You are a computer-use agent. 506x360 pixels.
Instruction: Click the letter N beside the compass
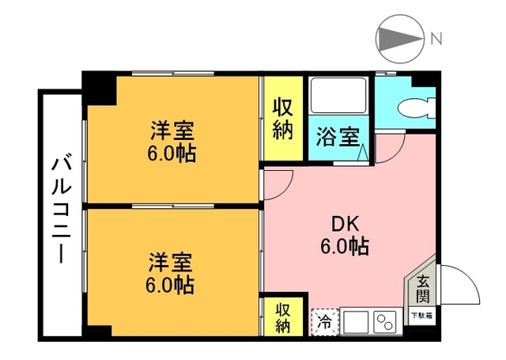coord(436,38)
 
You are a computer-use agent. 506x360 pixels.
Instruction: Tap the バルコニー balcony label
coord(60,210)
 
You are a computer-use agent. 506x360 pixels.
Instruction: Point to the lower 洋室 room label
coord(171,260)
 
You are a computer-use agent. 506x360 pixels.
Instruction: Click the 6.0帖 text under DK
coord(345,246)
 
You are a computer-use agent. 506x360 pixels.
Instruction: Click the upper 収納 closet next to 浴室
coord(284,119)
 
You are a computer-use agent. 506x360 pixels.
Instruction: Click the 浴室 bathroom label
coord(338,137)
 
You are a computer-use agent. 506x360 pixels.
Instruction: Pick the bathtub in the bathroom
coord(337,97)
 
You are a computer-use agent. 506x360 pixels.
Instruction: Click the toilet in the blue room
coord(416,107)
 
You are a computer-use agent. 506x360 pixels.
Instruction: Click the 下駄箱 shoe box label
coord(421,316)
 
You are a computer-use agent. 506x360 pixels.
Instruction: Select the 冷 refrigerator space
coord(324,321)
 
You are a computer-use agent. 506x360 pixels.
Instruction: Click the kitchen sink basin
coord(353,322)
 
